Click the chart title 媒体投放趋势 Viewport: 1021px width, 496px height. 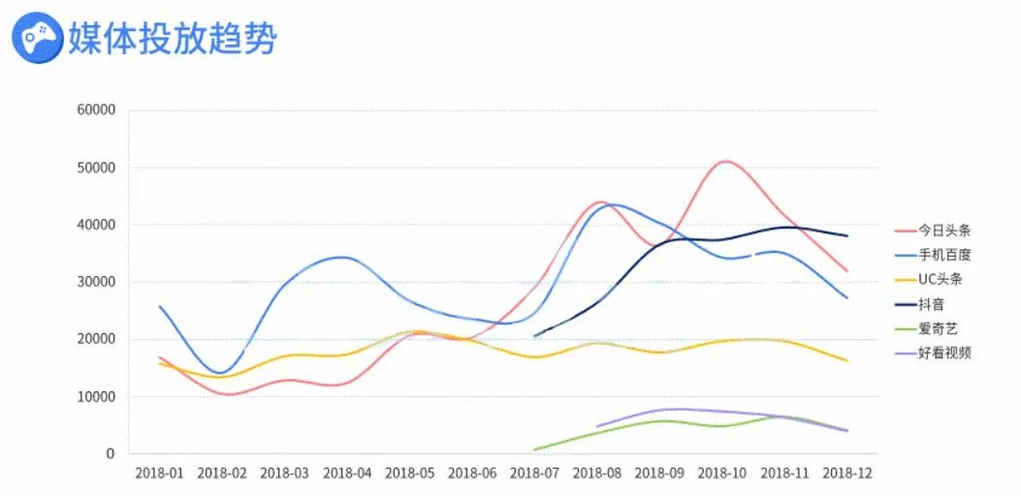172,39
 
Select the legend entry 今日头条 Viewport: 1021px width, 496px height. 945,231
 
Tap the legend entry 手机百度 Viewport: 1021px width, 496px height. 945,255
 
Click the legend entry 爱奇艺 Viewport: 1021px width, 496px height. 937,328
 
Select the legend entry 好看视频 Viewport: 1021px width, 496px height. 945,353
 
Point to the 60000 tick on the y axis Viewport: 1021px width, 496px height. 95,110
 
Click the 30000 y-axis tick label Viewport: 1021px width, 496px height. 95,282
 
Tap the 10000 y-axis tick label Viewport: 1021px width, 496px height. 95,396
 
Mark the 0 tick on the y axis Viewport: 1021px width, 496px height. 110,453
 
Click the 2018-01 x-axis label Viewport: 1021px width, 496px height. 159,473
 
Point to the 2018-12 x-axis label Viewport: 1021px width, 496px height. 846,473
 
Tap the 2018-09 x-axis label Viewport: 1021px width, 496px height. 659,473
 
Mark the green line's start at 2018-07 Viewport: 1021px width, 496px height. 534,449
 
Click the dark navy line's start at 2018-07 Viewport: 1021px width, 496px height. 534,336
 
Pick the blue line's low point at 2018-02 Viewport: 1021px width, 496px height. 221,373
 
